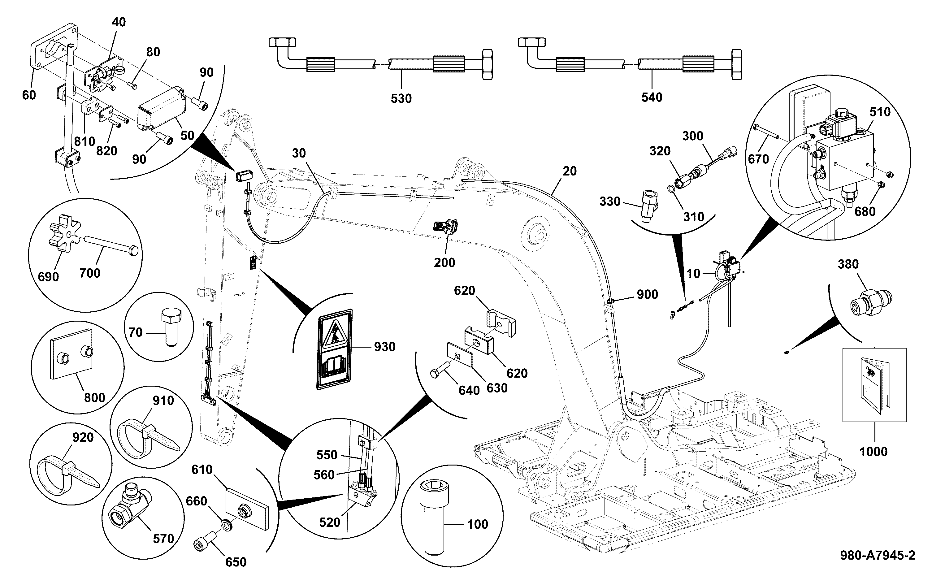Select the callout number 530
click(x=401, y=99)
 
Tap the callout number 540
click(x=652, y=97)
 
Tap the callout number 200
click(x=444, y=263)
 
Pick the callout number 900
click(x=647, y=294)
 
